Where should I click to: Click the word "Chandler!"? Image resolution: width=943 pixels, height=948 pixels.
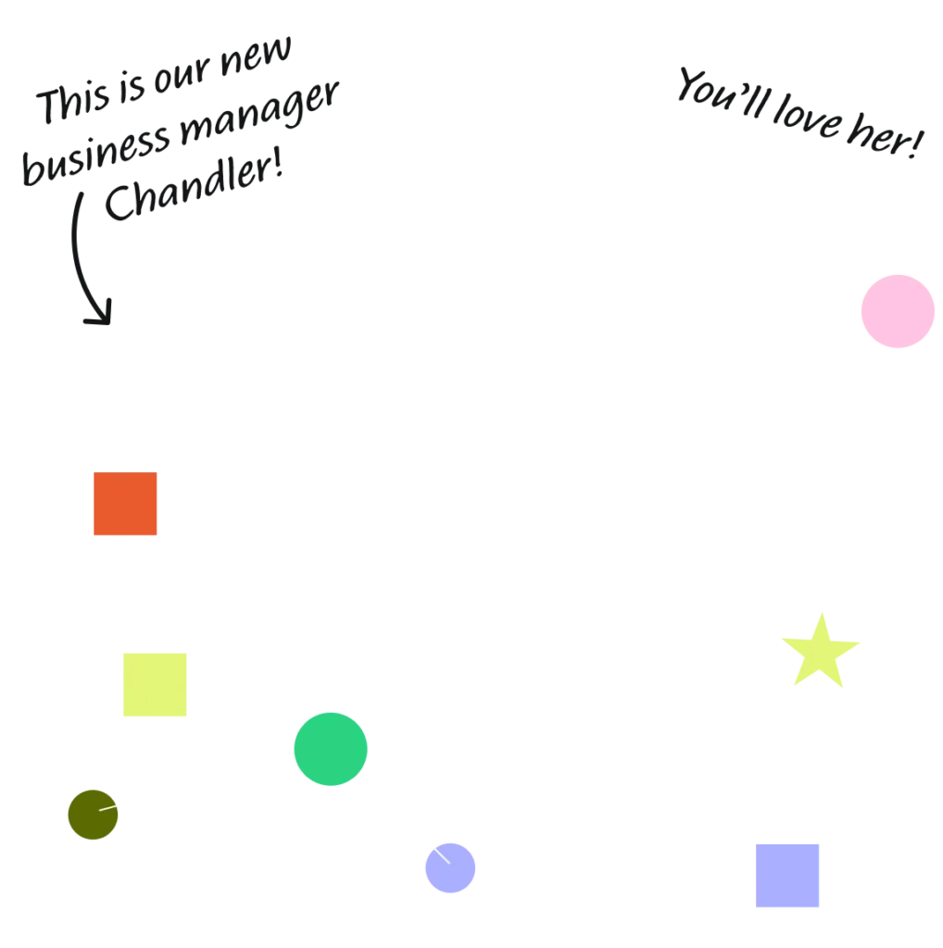194,184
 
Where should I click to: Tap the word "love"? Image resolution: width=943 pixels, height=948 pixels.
808,116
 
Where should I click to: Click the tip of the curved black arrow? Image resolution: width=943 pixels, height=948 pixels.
109,324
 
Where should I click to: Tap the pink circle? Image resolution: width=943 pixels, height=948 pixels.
898,311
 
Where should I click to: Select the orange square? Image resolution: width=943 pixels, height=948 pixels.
125,504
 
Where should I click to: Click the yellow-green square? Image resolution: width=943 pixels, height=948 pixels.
155,684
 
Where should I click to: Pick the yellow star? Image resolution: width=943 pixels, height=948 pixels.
820,654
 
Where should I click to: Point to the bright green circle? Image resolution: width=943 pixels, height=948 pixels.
331,749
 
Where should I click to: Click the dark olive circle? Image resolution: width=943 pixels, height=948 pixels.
94,815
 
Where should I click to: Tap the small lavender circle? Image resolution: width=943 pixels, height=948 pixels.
450,867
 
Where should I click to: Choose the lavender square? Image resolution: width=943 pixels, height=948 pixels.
787,876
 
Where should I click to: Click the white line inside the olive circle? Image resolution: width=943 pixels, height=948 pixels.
107,808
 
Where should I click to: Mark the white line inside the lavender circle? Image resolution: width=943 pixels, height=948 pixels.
442,856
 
